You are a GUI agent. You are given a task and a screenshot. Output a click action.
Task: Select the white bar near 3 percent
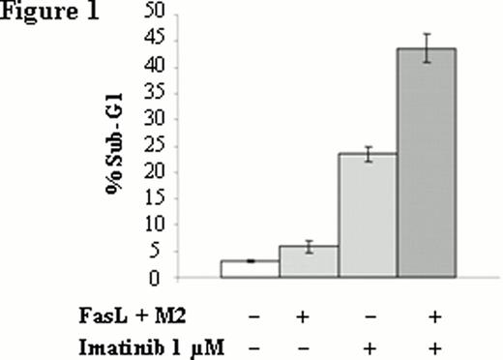point(250,269)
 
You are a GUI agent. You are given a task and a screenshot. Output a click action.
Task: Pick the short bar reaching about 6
point(309,261)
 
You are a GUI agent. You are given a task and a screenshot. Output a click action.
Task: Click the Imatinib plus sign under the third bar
point(369,346)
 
